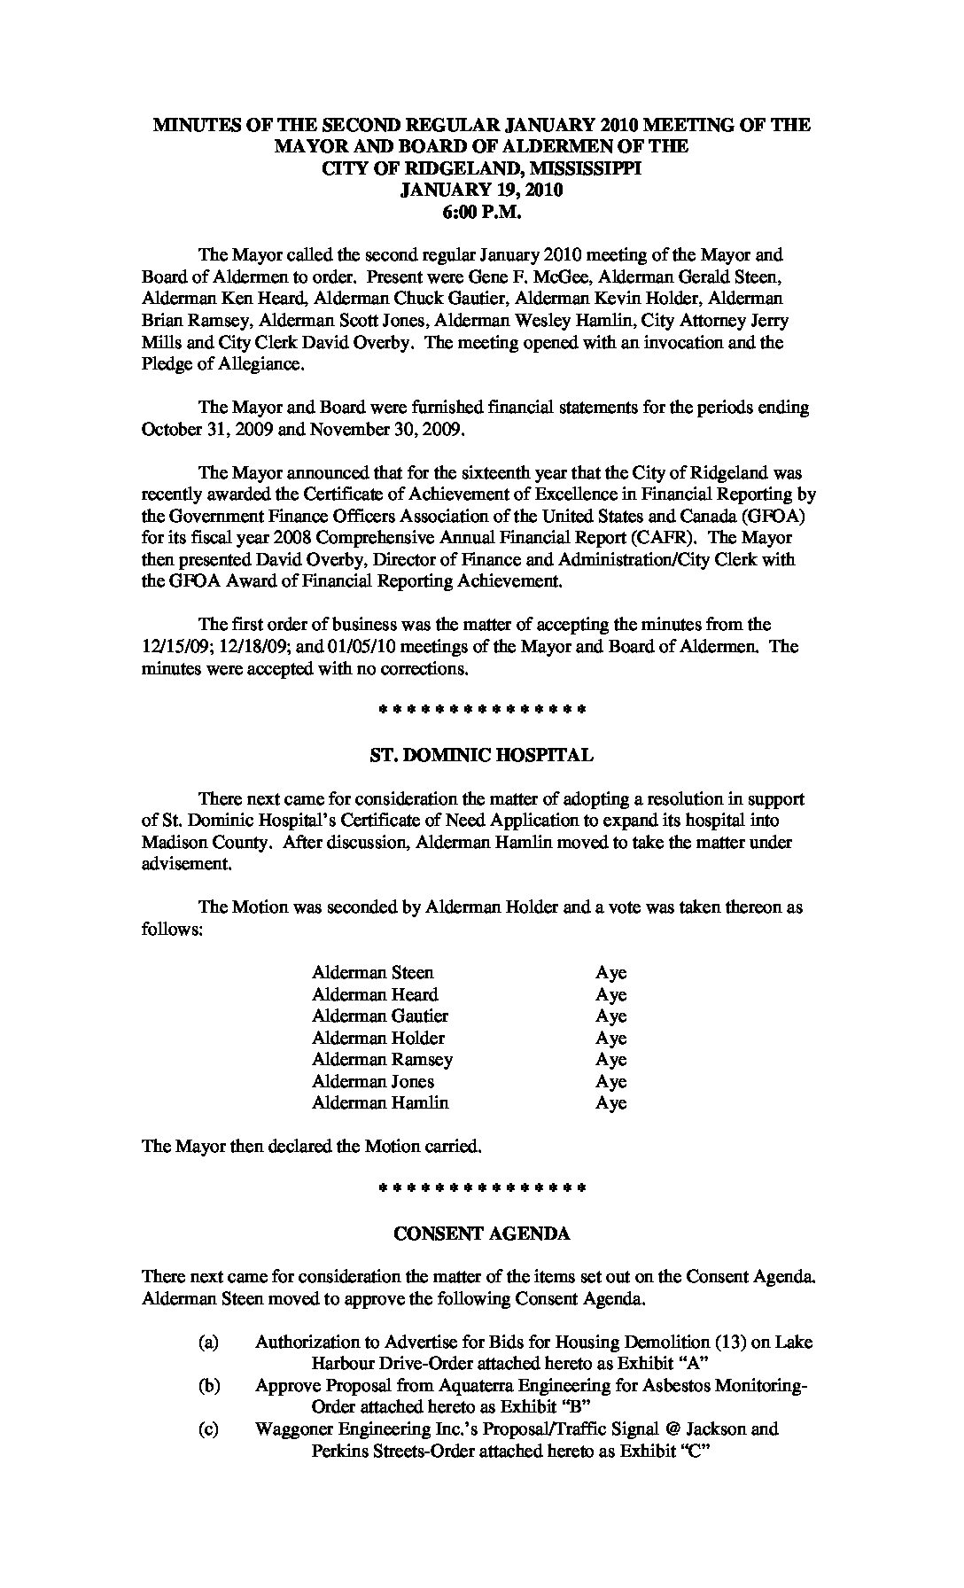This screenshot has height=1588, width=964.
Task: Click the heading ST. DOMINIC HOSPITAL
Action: tap(481, 755)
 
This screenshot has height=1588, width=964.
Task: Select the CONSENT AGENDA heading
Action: tap(481, 1233)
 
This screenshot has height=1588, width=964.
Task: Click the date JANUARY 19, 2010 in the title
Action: tap(481, 190)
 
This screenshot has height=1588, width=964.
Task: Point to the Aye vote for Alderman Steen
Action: tap(610, 973)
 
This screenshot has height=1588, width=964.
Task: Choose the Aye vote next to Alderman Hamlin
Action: tap(610, 1103)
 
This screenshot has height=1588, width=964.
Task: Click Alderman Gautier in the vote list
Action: tap(380, 1016)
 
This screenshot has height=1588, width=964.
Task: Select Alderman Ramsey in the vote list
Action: tap(382, 1060)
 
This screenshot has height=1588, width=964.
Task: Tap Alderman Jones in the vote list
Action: tap(373, 1081)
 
